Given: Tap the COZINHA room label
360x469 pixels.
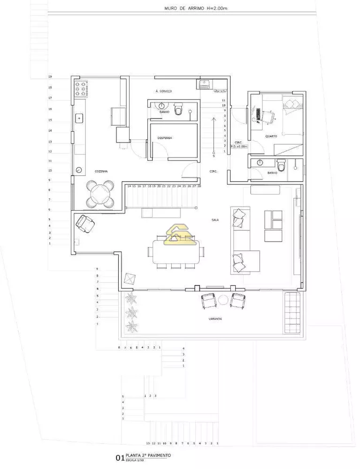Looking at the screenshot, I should coord(101,172).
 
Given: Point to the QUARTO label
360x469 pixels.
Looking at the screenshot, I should coord(271,136).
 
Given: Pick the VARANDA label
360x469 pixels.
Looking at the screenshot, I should coord(216,319).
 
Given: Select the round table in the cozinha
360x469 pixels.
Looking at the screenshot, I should coord(100,195).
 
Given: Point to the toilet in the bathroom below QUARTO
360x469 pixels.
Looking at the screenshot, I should coord(281,166).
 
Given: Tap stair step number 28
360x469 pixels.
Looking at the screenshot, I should coord(199,186).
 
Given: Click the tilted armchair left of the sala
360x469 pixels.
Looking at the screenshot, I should coord(85,223).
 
